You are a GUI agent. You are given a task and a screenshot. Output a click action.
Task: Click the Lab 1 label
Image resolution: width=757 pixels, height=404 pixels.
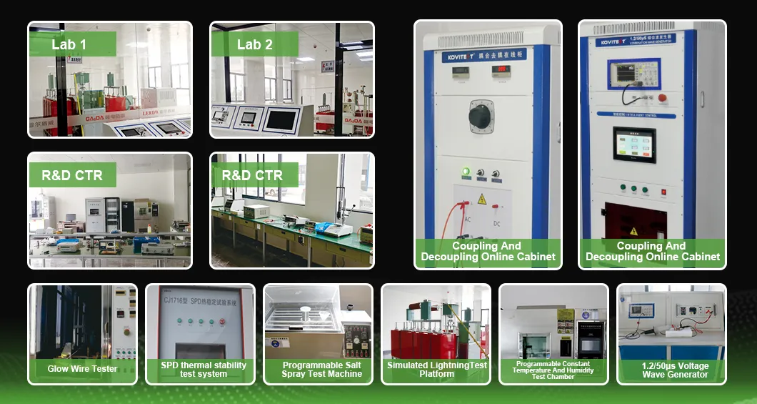coord(69,44)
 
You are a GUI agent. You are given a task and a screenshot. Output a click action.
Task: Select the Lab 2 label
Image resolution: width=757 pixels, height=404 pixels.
coord(254,44)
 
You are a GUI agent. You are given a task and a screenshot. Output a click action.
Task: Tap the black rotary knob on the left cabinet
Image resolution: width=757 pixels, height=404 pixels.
coord(481,114)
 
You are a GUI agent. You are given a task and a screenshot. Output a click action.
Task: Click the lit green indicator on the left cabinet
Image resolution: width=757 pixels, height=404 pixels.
coord(466,172)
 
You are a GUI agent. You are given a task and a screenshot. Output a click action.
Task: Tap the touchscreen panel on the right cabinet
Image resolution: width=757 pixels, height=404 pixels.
coord(633,145)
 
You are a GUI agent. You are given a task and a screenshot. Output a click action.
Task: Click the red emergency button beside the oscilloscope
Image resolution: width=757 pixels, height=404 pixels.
coord(662,97)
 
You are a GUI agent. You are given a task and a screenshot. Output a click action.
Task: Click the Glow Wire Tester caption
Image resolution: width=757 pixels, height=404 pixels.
coord(82,369)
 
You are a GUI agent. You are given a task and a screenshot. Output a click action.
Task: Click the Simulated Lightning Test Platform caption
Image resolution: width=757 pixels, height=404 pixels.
coord(437,369)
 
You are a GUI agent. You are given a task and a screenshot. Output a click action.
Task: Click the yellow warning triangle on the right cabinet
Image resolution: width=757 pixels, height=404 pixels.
coord(632,231)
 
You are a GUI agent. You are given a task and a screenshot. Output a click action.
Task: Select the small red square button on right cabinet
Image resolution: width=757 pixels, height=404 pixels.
coord(663,192)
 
